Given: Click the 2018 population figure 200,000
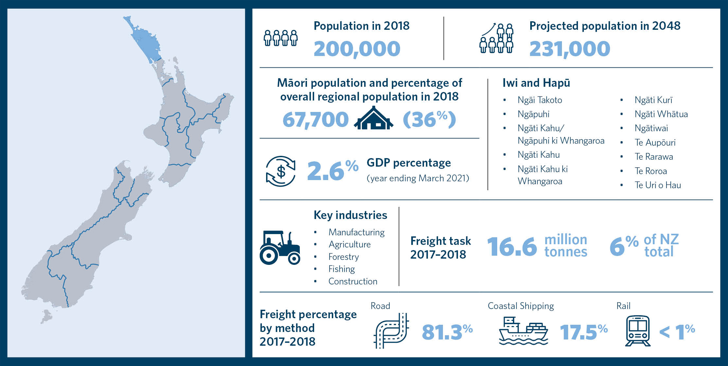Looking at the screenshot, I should click(357, 49).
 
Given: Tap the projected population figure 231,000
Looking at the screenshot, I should click(569, 49).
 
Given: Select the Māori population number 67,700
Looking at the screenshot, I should click(315, 119).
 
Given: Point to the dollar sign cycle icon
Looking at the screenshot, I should click(280, 171).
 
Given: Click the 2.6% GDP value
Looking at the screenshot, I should click(332, 171).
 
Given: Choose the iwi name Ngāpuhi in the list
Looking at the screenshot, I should click(533, 114).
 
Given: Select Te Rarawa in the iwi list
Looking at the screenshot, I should click(653, 157).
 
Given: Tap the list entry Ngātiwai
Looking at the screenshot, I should click(651, 128).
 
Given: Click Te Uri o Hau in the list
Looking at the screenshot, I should click(657, 185).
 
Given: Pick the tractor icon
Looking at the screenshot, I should click(280, 247).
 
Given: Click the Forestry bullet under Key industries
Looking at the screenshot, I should click(343, 257).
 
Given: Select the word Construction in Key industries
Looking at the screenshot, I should click(353, 282).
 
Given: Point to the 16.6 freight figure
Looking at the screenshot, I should click(512, 247).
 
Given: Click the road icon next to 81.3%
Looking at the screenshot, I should click(391, 331).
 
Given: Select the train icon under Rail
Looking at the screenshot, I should click(637, 331).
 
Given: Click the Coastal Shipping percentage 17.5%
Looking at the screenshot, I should click(584, 332).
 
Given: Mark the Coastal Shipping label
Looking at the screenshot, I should click(521, 306).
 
